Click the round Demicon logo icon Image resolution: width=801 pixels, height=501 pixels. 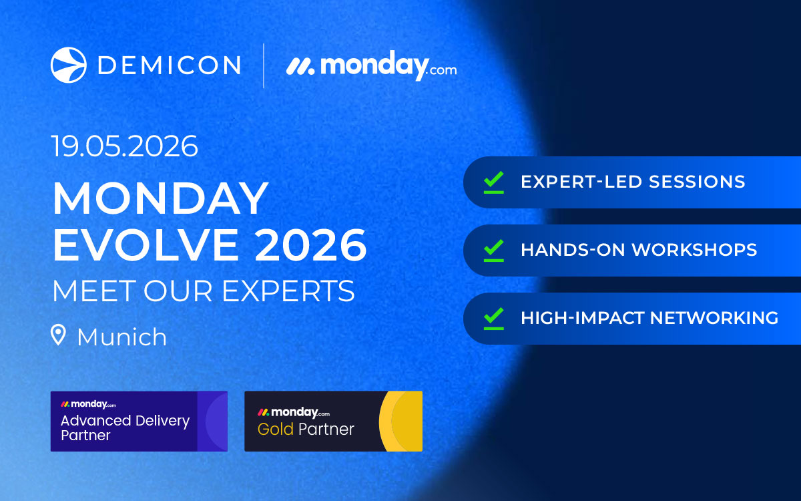pos(68,65)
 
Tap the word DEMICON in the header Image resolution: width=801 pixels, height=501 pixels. pos(169,65)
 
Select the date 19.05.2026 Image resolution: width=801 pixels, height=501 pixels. pos(125,146)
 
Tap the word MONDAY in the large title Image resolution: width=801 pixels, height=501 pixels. pos(160,198)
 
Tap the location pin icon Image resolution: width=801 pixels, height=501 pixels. pos(59,335)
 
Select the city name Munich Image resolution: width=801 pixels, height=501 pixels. pos(121,337)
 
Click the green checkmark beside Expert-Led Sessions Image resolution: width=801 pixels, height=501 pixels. pos(493,182)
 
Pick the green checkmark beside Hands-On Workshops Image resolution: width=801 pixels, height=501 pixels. pos(493,250)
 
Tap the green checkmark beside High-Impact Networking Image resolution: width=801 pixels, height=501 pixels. pos(493,318)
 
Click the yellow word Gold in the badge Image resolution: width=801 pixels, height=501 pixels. pos(275,429)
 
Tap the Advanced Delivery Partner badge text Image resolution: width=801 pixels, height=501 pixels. pos(125,428)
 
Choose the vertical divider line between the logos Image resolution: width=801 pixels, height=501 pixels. pos(264,65)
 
